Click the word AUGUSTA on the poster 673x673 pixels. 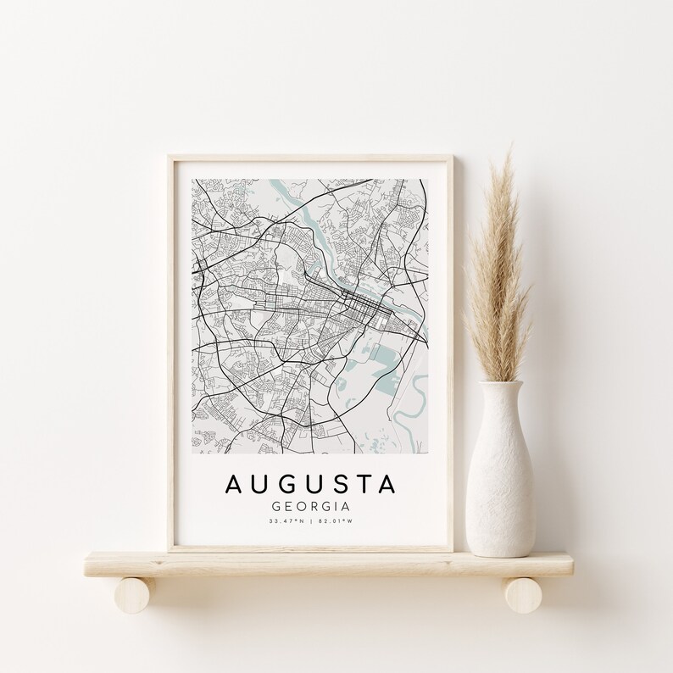pyautogui.click(x=310, y=484)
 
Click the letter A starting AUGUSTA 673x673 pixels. pyautogui.click(x=235, y=484)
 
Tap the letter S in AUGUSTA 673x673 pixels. pyautogui.click(x=337, y=484)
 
